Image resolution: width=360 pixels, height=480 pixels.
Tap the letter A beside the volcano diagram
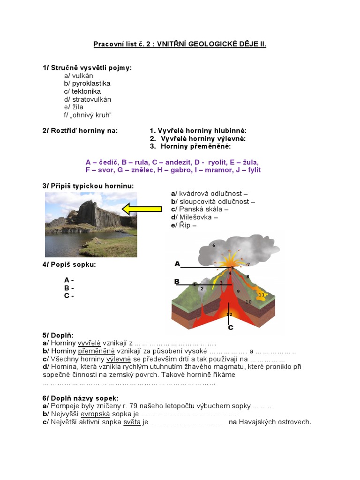[178, 264]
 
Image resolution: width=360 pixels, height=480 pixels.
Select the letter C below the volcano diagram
[230, 328]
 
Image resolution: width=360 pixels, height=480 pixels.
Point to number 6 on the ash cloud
[214, 245]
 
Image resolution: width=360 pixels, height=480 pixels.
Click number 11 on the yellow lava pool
[262, 294]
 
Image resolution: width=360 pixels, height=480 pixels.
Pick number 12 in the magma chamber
[229, 314]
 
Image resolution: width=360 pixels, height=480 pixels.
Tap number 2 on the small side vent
[202, 289]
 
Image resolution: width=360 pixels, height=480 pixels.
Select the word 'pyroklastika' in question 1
[91, 83]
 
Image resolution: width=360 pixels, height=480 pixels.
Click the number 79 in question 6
[138, 405]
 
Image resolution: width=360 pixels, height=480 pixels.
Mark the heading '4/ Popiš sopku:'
[69, 264]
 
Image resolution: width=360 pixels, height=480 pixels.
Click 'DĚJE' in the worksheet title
[241, 45]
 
